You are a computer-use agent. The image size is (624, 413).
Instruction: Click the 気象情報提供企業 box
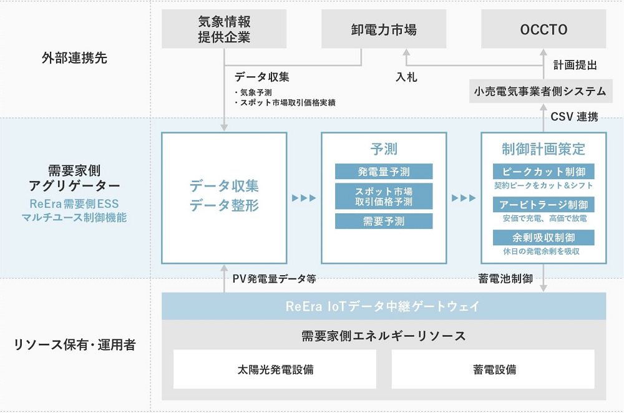click(x=223, y=29)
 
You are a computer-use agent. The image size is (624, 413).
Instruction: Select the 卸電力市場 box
click(x=384, y=29)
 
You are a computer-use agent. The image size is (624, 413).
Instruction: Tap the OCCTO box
click(x=543, y=29)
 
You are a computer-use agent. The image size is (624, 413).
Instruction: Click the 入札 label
click(x=406, y=78)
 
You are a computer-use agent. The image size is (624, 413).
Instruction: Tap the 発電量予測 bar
click(x=384, y=172)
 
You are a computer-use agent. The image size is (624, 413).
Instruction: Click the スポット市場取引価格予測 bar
click(x=384, y=196)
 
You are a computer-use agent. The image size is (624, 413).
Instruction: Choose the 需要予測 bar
click(x=384, y=221)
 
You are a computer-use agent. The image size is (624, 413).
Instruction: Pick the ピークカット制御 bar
click(x=543, y=172)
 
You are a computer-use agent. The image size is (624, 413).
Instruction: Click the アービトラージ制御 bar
click(x=543, y=205)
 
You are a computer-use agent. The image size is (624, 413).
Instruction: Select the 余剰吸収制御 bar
click(x=543, y=238)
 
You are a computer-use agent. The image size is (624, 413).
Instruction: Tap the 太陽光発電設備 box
click(x=275, y=369)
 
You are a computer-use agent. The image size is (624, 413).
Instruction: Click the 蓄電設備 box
click(x=493, y=369)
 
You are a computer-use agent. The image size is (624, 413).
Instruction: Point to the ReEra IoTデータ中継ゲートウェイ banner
click(x=383, y=306)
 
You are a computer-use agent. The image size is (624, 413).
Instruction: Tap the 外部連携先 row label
click(x=71, y=58)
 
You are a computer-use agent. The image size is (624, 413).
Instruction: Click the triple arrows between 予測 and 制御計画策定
click(x=464, y=198)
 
